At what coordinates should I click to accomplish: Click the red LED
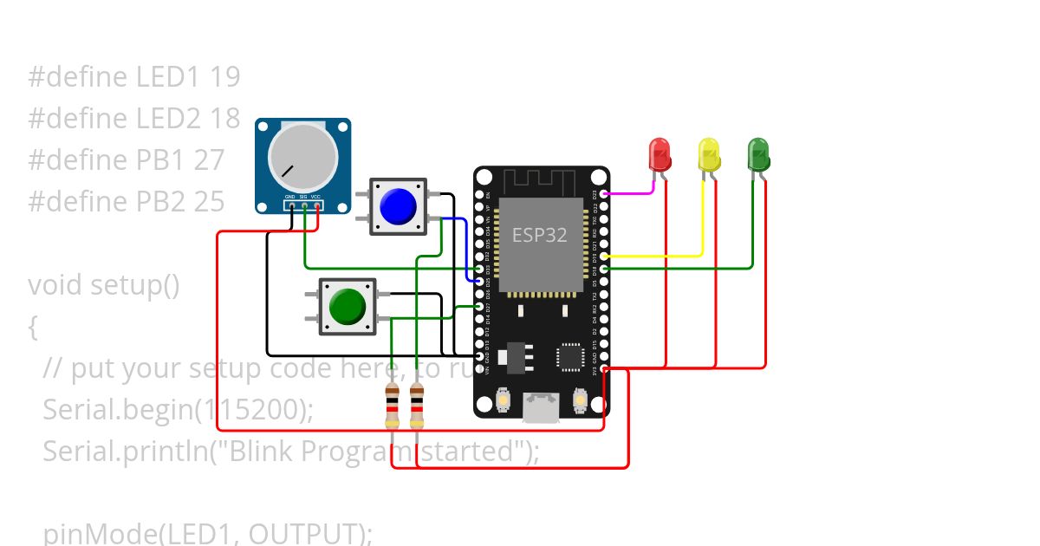click(x=660, y=155)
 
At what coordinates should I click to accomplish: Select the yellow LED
click(x=709, y=155)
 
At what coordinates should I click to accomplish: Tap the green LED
click(x=758, y=154)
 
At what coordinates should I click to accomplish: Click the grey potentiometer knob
click(x=302, y=157)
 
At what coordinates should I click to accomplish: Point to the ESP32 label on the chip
click(x=539, y=235)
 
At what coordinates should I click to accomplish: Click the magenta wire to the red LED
click(x=628, y=193)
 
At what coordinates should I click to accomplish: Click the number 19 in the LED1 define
click(x=224, y=77)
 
